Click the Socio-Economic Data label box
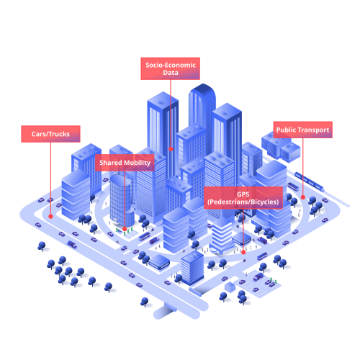click(x=170, y=68)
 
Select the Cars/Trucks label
click(x=50, y=134)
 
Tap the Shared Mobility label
click(x=125, y=163)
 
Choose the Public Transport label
click(x=303, y=130)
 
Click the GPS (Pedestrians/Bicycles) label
click(x=243, y=198)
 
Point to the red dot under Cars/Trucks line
click(x=50, y=217)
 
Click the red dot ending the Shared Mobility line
click(x=125, y=229)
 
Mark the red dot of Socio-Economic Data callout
click(x=171, y=149)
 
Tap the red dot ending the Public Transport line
click(x=303, y=197)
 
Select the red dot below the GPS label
click(x=243, y=252)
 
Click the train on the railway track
click(x=310, y=181)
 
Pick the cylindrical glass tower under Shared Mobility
click(x=121, y=200)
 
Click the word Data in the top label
click(x=171, y=73)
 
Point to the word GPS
click(x=243, y=194)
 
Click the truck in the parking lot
click(x=258, y=277)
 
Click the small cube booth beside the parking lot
click(x=230, y=287)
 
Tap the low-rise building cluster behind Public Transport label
click(x=281, y=146)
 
